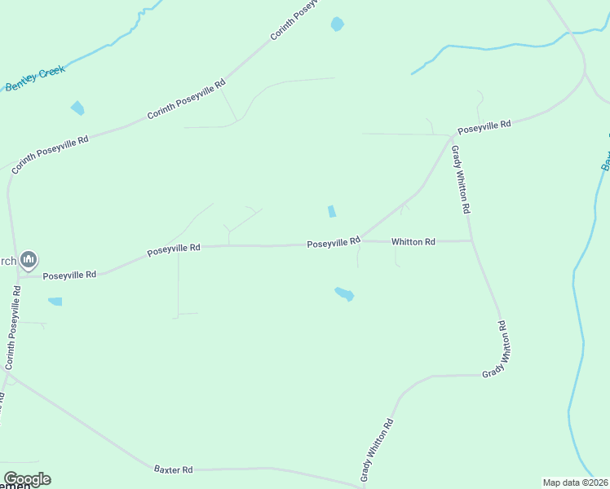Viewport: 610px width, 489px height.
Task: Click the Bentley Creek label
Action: [35, 78]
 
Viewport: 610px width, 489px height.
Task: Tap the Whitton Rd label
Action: [413, 242]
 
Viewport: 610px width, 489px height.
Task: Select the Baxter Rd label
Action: [173, 469]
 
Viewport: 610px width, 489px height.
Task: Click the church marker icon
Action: [29, 260]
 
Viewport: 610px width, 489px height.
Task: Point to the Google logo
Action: [27, 479]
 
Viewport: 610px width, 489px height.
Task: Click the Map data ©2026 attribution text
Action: [576, 482]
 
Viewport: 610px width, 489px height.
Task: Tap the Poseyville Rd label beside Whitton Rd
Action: [334, 243]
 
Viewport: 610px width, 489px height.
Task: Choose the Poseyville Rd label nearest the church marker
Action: [69, 275]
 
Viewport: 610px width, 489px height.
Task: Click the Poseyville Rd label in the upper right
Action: [484, 127]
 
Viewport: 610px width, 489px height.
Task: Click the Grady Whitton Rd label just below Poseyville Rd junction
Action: [461, 179]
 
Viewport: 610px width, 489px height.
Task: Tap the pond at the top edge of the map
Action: [337, 24]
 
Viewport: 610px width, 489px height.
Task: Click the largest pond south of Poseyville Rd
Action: [344, 293]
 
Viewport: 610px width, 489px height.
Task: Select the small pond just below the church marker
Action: [55, 302]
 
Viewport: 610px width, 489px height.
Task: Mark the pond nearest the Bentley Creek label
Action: [77, 108]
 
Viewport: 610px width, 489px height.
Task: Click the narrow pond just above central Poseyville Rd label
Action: [332, 211]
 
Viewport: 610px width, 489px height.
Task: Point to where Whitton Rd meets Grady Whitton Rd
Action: [473, 241]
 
